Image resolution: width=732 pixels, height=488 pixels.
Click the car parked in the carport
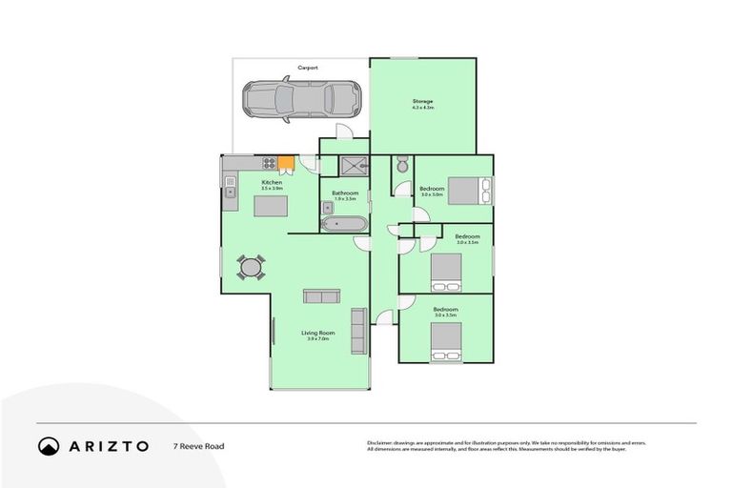[x=301, y=97]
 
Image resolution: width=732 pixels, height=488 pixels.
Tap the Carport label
[x=307, y=68]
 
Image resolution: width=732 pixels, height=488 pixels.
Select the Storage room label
[x=422, y=100]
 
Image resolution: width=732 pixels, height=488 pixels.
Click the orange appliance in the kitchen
[x=284, y=163]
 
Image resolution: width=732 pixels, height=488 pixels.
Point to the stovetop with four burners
[x=269, y=163]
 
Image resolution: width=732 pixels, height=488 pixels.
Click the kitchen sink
[x=231, y=192]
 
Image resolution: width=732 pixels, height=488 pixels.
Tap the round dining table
[x=251, y=268]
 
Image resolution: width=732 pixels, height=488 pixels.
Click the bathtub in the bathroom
[x=342, y=225]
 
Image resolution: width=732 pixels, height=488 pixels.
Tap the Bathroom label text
[x=343, y=193]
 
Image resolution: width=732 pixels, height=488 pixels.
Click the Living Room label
[x=316, y=333]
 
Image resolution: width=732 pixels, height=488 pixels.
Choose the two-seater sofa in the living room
[x=320, y=296]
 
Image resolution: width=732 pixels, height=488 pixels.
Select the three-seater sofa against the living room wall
[x=358, y=330]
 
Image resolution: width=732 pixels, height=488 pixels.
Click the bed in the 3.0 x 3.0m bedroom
[x=469, y=192]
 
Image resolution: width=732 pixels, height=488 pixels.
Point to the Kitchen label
[x=272, y=182]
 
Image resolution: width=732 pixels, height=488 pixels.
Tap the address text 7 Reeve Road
[x=197, y=445]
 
